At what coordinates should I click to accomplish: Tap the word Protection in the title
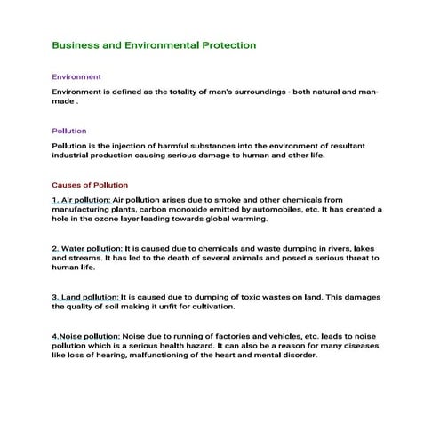(x=222, y=44)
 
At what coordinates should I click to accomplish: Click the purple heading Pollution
(x=69, y=131)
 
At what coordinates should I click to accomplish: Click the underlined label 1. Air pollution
(x=81, y=200)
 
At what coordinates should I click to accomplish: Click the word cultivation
(x=211, y=306)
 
